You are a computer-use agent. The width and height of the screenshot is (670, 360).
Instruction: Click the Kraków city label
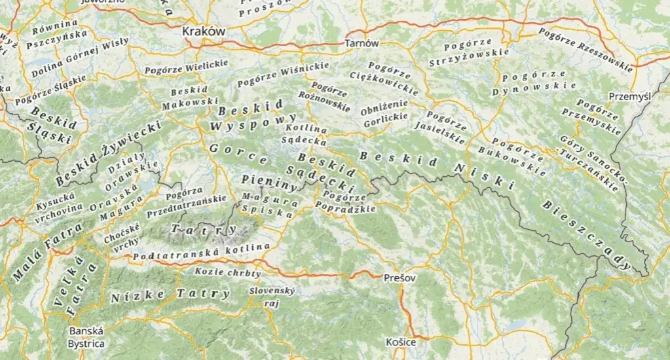click(x=203, y=31)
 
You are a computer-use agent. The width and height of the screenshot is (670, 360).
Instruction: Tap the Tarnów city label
click(x=362, y=43)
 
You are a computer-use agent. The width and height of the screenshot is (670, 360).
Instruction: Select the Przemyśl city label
click(x=629, y=96)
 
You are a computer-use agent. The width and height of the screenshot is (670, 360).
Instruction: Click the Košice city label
click(x=401, y=342)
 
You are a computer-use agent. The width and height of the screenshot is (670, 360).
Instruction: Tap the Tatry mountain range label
click(x=203, y=229)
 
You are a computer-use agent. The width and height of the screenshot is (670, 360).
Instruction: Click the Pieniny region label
click(x=269, y=181)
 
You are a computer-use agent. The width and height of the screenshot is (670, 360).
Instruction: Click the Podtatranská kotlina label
click(x=201, y=252)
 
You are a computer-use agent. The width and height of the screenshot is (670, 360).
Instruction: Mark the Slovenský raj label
click(x=272, y=297)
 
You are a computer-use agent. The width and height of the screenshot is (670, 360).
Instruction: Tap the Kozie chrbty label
click(x=228, y=272)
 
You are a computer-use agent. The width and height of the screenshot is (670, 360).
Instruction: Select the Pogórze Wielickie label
click(x=186, y=66)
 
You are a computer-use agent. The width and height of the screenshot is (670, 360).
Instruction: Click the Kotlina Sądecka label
click(x=304, y=134)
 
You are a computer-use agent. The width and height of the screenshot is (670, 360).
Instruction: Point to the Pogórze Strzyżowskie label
click(x=468, y=54)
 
